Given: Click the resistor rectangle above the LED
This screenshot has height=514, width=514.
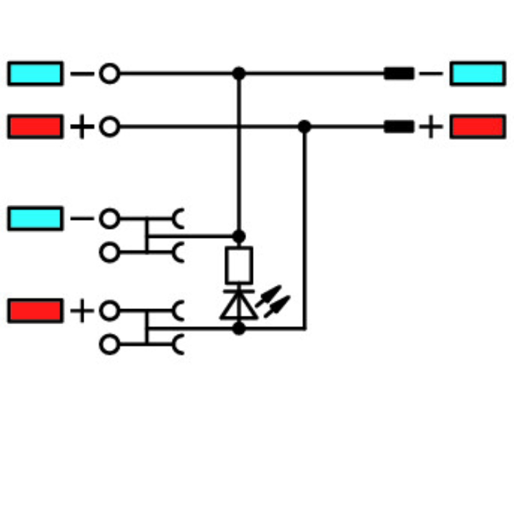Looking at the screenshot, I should (x=238, y=265).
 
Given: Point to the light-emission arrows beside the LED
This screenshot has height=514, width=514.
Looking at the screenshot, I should (x=273, y=302).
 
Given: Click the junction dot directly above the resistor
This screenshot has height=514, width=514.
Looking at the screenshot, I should (x=238, y=236).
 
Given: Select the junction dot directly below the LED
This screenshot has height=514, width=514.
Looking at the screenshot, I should (x=238, y=329).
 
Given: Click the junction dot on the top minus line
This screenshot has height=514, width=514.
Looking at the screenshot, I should (x=238, y=73).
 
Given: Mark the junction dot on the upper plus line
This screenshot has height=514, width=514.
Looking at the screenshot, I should (x=304, y=127).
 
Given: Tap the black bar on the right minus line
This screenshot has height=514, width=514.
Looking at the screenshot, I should (x=398, y=73).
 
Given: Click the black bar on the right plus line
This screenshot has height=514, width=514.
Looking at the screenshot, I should (x=398, y=127).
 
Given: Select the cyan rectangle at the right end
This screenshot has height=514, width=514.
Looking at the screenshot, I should (x=477, y=73).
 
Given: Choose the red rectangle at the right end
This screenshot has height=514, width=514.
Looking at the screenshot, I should (x=477, y=127).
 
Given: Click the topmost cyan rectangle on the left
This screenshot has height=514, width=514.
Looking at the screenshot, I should (x=35, y=73).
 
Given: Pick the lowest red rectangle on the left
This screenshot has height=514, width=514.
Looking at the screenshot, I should (x=35, y=310).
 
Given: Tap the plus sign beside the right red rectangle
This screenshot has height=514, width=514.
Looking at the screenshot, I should (x=431, y=127).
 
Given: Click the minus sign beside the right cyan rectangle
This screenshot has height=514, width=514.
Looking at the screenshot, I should (x=431, y=73).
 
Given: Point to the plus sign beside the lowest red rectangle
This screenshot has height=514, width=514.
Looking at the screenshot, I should (x=82, y=311).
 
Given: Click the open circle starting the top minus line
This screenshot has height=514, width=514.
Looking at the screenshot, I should (x=109, y=73).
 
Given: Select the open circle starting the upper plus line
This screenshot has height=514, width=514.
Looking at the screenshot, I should (x=109, y=127).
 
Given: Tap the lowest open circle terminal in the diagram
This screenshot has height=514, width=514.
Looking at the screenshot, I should (x=109, y=344).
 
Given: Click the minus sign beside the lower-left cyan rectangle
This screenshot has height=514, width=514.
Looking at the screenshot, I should (x=81, y=219).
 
